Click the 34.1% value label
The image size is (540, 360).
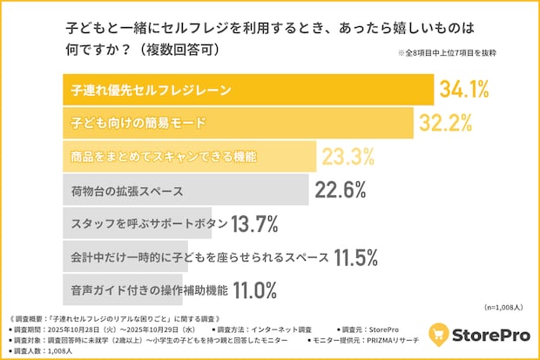coord(463,90)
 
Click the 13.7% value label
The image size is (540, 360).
coord(254,223)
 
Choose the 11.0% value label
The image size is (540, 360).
coord(253,289)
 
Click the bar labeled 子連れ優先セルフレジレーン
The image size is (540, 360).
coord(248,90)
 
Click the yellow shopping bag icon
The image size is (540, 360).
coord(441,336)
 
